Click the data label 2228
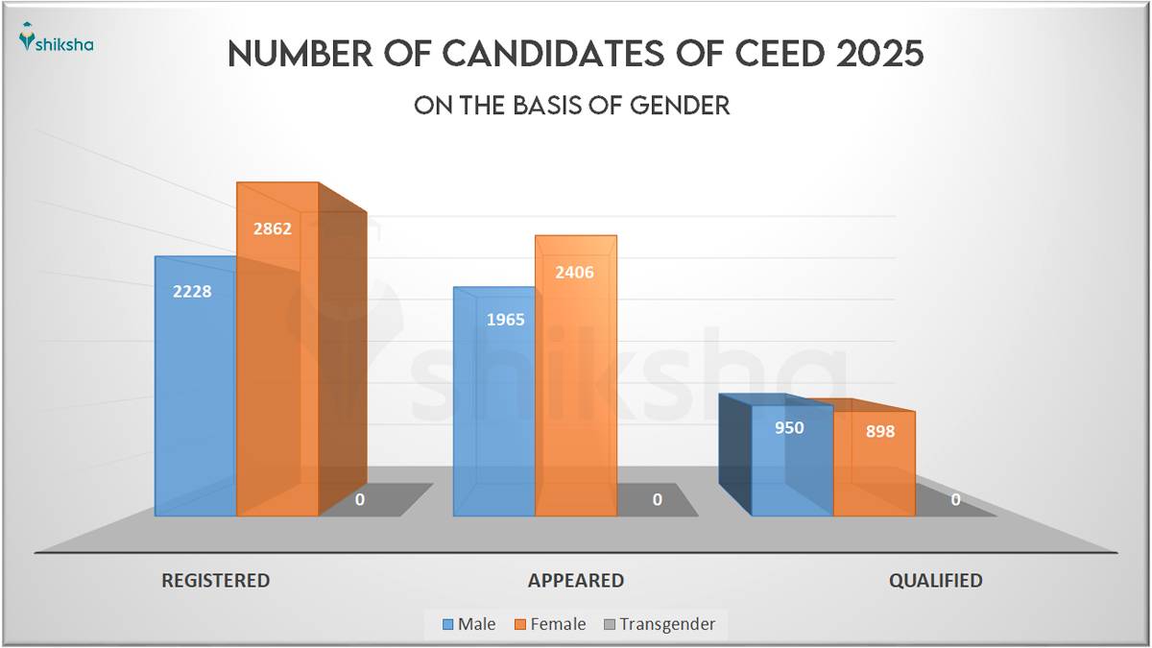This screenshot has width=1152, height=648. tap(194, 292)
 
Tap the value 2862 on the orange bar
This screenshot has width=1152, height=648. tap(273, 228)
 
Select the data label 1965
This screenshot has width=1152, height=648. tap(505, 320)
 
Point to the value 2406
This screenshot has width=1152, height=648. tap(574, 272)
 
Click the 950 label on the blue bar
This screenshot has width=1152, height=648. tap(789, 427)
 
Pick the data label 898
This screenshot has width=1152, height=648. tap(878, 432)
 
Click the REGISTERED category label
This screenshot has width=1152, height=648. tap(215, 581)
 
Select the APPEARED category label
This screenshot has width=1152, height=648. tap(575, 581)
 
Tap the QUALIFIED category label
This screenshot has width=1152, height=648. tap(935, 581)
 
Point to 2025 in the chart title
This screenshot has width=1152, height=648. tap(879, 55)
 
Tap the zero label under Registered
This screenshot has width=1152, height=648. tap(359, 499)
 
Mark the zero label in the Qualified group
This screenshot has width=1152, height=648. tap(955, 499)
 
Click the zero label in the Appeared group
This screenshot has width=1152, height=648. tap(657, 499)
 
